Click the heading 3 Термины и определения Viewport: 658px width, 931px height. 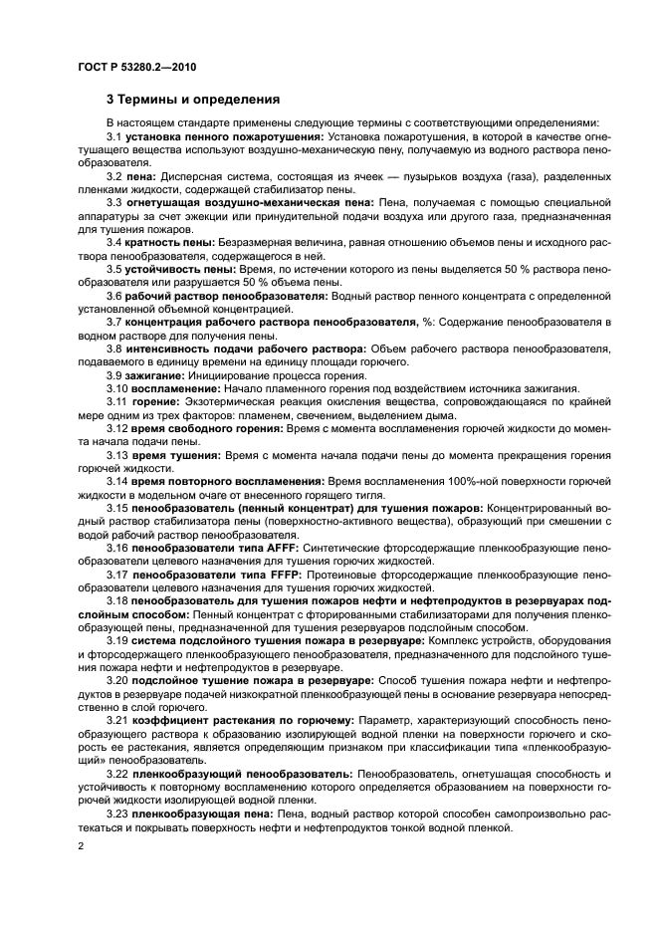(193, 100)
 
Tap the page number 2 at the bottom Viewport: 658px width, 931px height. (81, 845)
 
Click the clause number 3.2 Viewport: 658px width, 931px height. (114, 176)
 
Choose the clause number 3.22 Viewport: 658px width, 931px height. (117, 772)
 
